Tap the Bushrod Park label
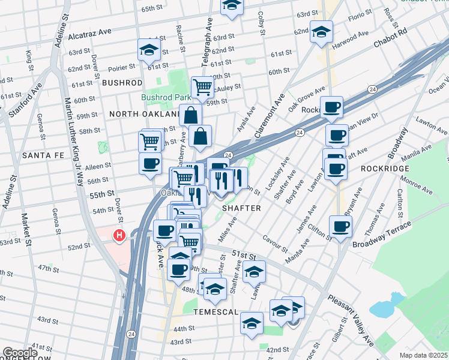[x=166, y=97]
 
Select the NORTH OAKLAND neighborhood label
[x=144, y=113]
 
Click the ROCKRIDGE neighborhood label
[x=385, y=169]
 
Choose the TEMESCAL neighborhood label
[x=217, y=313]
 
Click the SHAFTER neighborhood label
[x=241, y=208]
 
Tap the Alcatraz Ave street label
[x=90, y=36]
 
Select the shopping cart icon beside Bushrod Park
[x=202, y=88]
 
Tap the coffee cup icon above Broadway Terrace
[x=340, y=226]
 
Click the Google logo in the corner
[x=20, y=353]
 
